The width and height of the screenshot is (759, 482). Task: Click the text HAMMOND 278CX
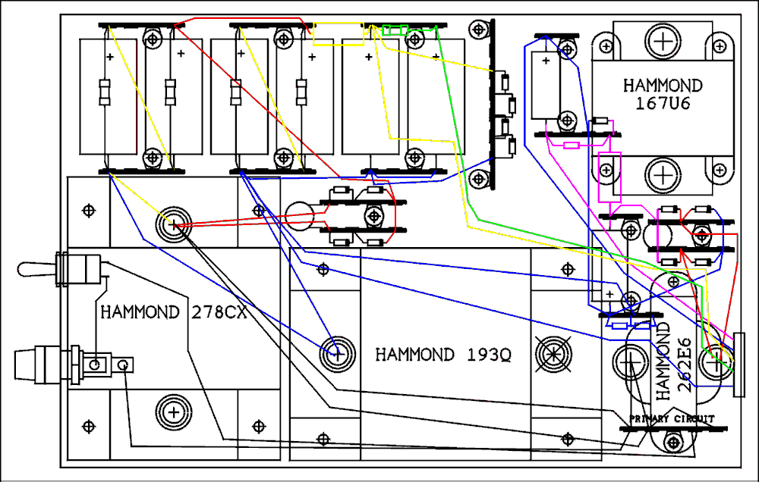coord(174,312)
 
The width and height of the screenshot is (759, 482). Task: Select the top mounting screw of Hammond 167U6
coord(662,40)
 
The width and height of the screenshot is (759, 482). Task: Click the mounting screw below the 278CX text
coord(174,412)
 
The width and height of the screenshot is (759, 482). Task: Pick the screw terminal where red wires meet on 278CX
coord(173,224)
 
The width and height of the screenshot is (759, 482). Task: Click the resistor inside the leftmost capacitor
coord(105,92)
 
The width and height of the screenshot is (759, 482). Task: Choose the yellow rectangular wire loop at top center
coord(337,34)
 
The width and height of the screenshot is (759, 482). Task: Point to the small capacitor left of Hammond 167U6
coord(546,85)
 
